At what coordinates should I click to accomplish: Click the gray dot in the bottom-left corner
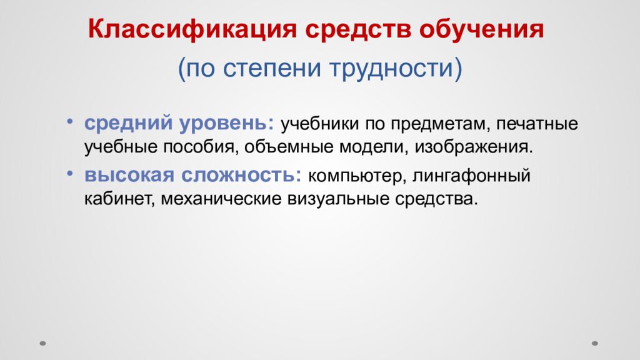click(x=43, y=342)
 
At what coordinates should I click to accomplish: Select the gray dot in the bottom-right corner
click(x=595, y=342)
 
